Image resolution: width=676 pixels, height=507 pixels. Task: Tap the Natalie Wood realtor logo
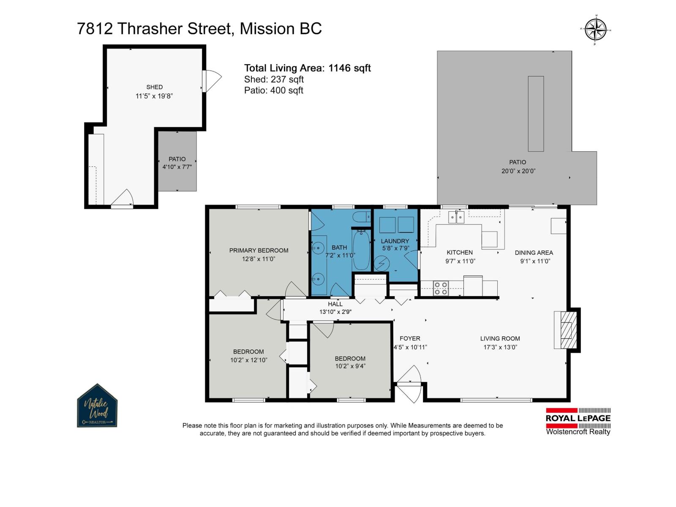[97, 406]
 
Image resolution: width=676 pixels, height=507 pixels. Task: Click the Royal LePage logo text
[578, 418]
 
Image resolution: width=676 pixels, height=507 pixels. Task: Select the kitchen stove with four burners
[440, 288]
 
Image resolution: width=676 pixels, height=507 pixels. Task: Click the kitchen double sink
[456, 217]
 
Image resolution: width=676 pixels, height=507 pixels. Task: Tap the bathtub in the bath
[361, 250]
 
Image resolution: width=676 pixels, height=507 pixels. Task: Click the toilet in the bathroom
[362, 217]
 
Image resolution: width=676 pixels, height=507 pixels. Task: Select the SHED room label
[154, 87]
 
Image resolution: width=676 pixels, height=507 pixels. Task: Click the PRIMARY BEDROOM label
[259, 250]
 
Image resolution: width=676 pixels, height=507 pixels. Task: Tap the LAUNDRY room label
[395, 241]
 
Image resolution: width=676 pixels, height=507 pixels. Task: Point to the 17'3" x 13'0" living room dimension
[500, 347]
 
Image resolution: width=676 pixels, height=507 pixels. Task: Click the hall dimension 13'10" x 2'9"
[335, 311]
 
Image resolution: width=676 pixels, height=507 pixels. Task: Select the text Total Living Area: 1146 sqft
[307, 68]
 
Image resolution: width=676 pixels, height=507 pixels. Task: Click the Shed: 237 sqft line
[274, 79]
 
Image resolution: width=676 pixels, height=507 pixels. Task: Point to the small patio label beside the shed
[177, 159]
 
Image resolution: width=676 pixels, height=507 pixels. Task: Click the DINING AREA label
[534, 253]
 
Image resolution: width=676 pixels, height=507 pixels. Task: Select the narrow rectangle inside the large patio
[536, 114]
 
